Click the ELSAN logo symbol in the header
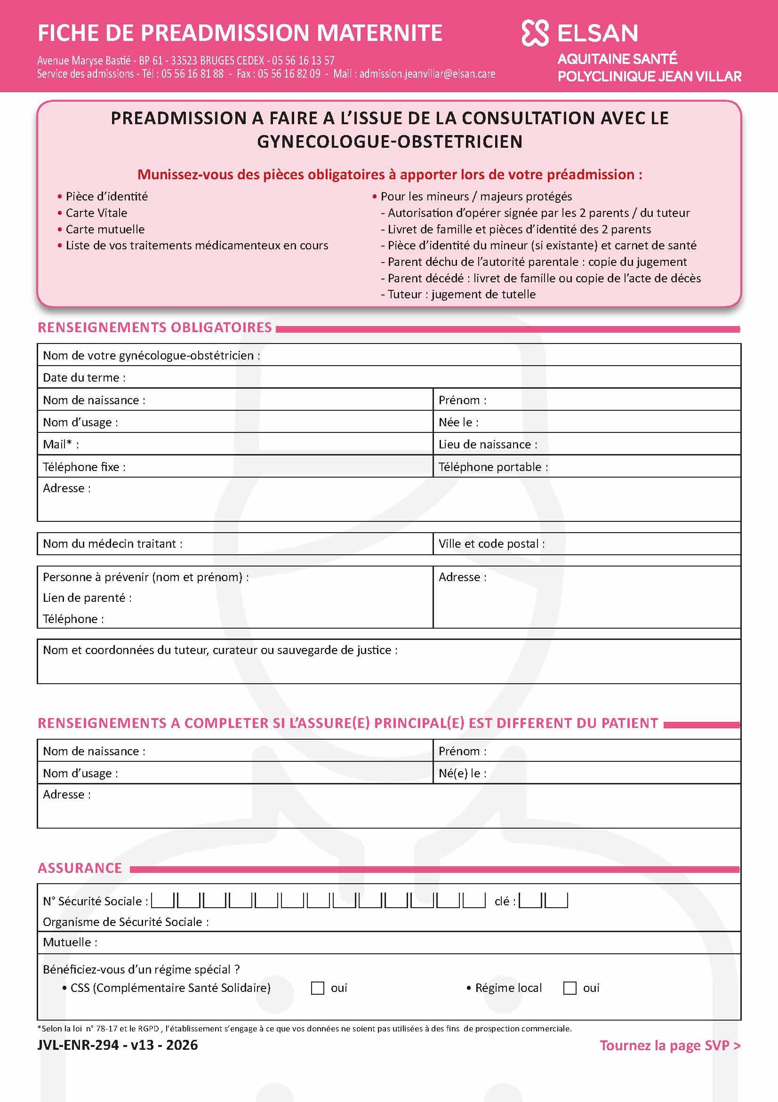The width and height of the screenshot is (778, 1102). point(535,33)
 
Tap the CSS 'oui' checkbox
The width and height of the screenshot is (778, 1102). point(317,988)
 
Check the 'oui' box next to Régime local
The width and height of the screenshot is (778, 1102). point(569,988)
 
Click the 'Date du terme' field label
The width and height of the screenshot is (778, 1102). point(84,378)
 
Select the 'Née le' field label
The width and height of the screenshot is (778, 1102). point(458,423)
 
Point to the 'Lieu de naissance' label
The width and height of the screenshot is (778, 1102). point(488,445)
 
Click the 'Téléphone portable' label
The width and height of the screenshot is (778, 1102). point(493,467)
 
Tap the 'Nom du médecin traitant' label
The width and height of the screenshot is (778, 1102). point(112,544)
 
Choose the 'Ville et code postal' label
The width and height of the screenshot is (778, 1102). point(491,544)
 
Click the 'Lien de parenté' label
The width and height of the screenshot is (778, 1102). point(87,598)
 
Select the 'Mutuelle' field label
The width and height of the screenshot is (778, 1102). point(70,942)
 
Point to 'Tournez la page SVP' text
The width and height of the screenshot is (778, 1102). point(670,1046)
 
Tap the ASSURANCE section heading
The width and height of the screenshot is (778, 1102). point(80,868)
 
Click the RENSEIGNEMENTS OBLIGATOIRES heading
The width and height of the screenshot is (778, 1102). point(154,327)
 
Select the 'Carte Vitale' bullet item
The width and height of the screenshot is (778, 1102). point(96,213)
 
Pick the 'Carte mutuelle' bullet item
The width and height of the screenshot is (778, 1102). point(104,229)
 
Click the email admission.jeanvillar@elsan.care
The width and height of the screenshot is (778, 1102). point(427,74)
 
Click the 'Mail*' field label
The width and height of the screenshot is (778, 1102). point(60,445)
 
